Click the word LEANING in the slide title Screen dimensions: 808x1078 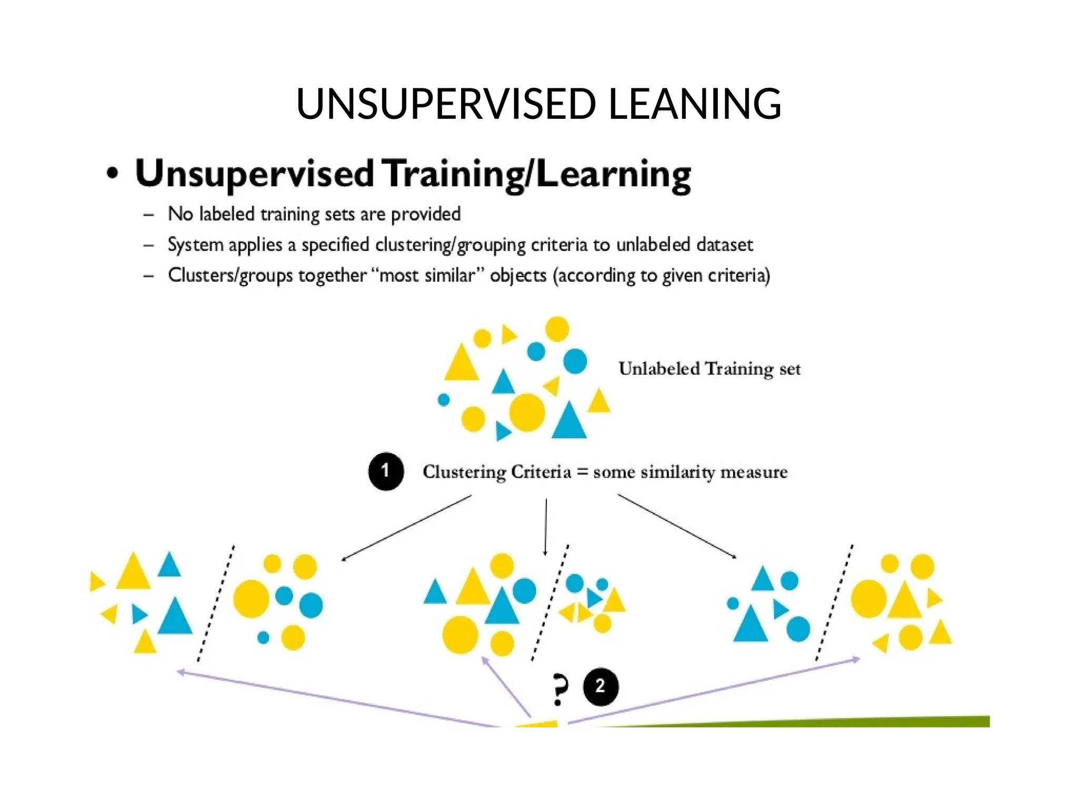(x=695, y=104)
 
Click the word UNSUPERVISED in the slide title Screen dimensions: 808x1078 (x=446, y=104)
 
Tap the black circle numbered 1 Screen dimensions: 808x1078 (x=386, y=471)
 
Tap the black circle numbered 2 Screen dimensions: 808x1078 (x=601, y=686)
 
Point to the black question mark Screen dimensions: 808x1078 (x=560, y=689)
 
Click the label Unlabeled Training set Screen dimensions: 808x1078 (x=709, y=369)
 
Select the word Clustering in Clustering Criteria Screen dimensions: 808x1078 (x=464, y=472)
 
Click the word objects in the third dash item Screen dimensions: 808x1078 (x=518, y=276)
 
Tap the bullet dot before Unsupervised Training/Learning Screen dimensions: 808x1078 (x=112, y=173)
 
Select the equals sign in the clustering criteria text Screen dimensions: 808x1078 (x=582, y=472)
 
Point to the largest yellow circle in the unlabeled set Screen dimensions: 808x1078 (x=527, y=412)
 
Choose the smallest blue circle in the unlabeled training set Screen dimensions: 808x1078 (x=444, y=400)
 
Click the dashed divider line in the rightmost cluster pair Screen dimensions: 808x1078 (x=834, y=603)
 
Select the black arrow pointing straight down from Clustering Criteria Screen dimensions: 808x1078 (x=546, y=526)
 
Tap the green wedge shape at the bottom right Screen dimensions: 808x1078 (x=895, y=721)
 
